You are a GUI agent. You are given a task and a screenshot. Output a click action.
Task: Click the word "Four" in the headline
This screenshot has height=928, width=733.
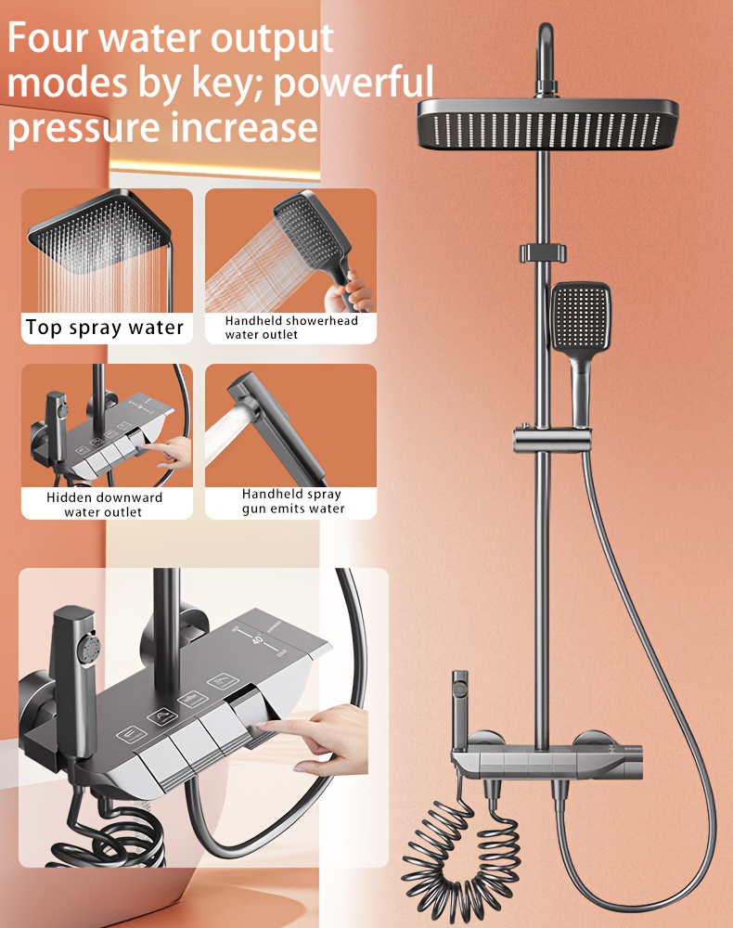tap(47, 38)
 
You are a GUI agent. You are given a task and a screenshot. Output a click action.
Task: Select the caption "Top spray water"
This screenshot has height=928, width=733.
tap(105, 328)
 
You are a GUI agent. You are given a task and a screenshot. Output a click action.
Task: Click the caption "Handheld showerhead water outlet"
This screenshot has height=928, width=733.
tap(291, 328)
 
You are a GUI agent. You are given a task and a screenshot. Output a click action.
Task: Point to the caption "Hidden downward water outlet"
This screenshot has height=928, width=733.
tap(104, 505)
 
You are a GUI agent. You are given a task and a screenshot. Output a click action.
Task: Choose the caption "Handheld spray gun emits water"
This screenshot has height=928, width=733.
tap(292, 501)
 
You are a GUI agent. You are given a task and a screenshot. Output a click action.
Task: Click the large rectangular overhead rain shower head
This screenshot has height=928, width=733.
tap(547, 123)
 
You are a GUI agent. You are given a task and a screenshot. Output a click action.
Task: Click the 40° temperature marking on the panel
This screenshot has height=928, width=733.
tap(257, 639)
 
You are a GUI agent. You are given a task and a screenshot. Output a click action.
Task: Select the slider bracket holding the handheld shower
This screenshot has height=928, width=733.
tap(551, 440)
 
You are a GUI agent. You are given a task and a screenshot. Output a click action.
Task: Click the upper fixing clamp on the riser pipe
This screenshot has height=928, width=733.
tap(543, 252)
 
